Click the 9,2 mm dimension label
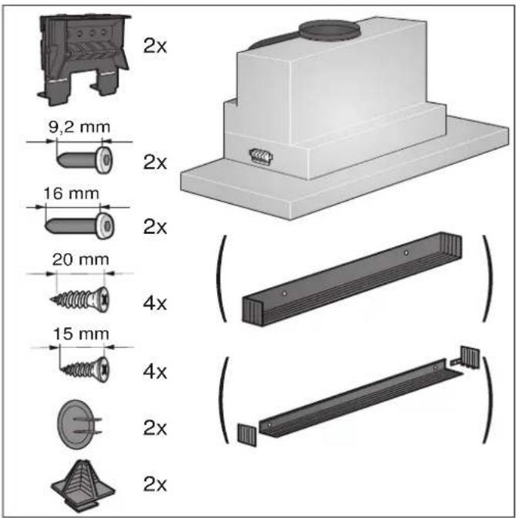click(79, 127)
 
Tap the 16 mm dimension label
click(72, 194)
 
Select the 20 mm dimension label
click(81, 259)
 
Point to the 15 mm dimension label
click(82, 334)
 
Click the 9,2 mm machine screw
click(85, 160)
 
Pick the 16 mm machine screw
click(79, 226)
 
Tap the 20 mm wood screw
click(80, 299)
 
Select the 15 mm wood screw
click(85, 369)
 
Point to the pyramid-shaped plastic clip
click(83, 486)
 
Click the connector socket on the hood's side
click(261, 156)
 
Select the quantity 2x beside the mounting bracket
click(155, 46)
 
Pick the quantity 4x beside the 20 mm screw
click(155, 303)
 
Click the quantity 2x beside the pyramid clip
click(155, 484)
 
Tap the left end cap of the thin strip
click(247, 435)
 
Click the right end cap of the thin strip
click(469, 356)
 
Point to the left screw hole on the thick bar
click(284, 293)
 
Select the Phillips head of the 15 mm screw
click(104, 369)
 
